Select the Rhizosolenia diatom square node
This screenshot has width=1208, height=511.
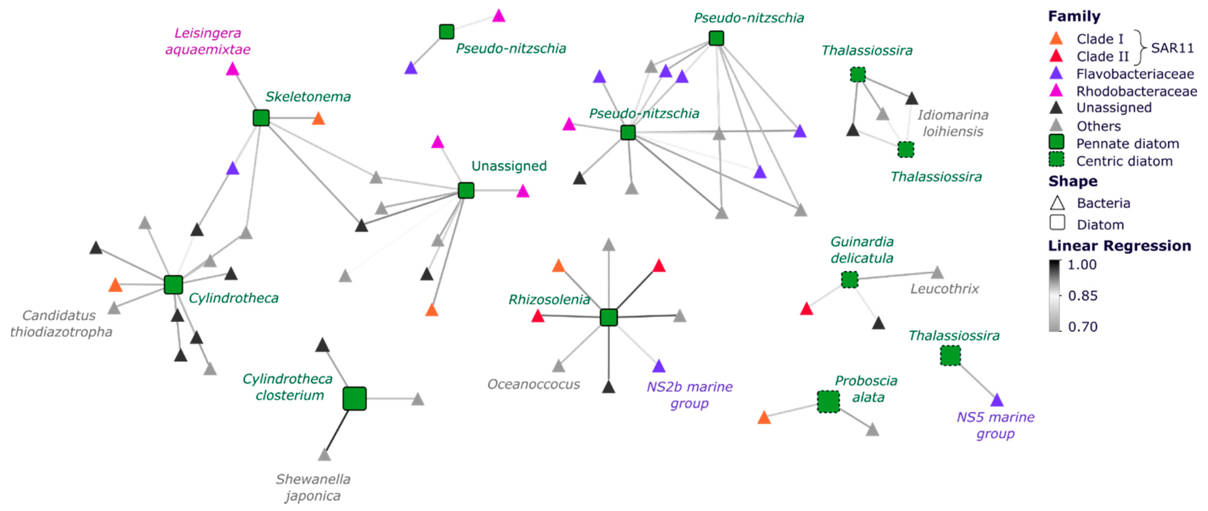point(609,318)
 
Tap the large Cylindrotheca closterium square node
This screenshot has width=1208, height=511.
point(354,399)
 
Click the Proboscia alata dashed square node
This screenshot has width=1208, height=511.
point(828,402)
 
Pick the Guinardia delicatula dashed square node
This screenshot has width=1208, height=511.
point(850,280)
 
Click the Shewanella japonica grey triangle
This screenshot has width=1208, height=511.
point(324,455)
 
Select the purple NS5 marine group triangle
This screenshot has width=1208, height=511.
point(997,400)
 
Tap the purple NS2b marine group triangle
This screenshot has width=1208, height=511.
point(659,366)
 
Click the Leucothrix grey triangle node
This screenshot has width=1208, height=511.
point(937,272)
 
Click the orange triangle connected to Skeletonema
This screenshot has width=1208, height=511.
point(318,118)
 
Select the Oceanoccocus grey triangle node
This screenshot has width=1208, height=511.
point(558,366)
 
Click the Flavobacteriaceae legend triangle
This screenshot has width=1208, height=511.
point(1056,73)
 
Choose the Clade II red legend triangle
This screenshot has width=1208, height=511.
point(1056,56)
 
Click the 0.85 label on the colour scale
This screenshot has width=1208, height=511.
point(1082,296)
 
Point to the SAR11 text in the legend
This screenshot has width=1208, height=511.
point(1172,48)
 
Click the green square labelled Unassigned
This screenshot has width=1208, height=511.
point(466,191)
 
